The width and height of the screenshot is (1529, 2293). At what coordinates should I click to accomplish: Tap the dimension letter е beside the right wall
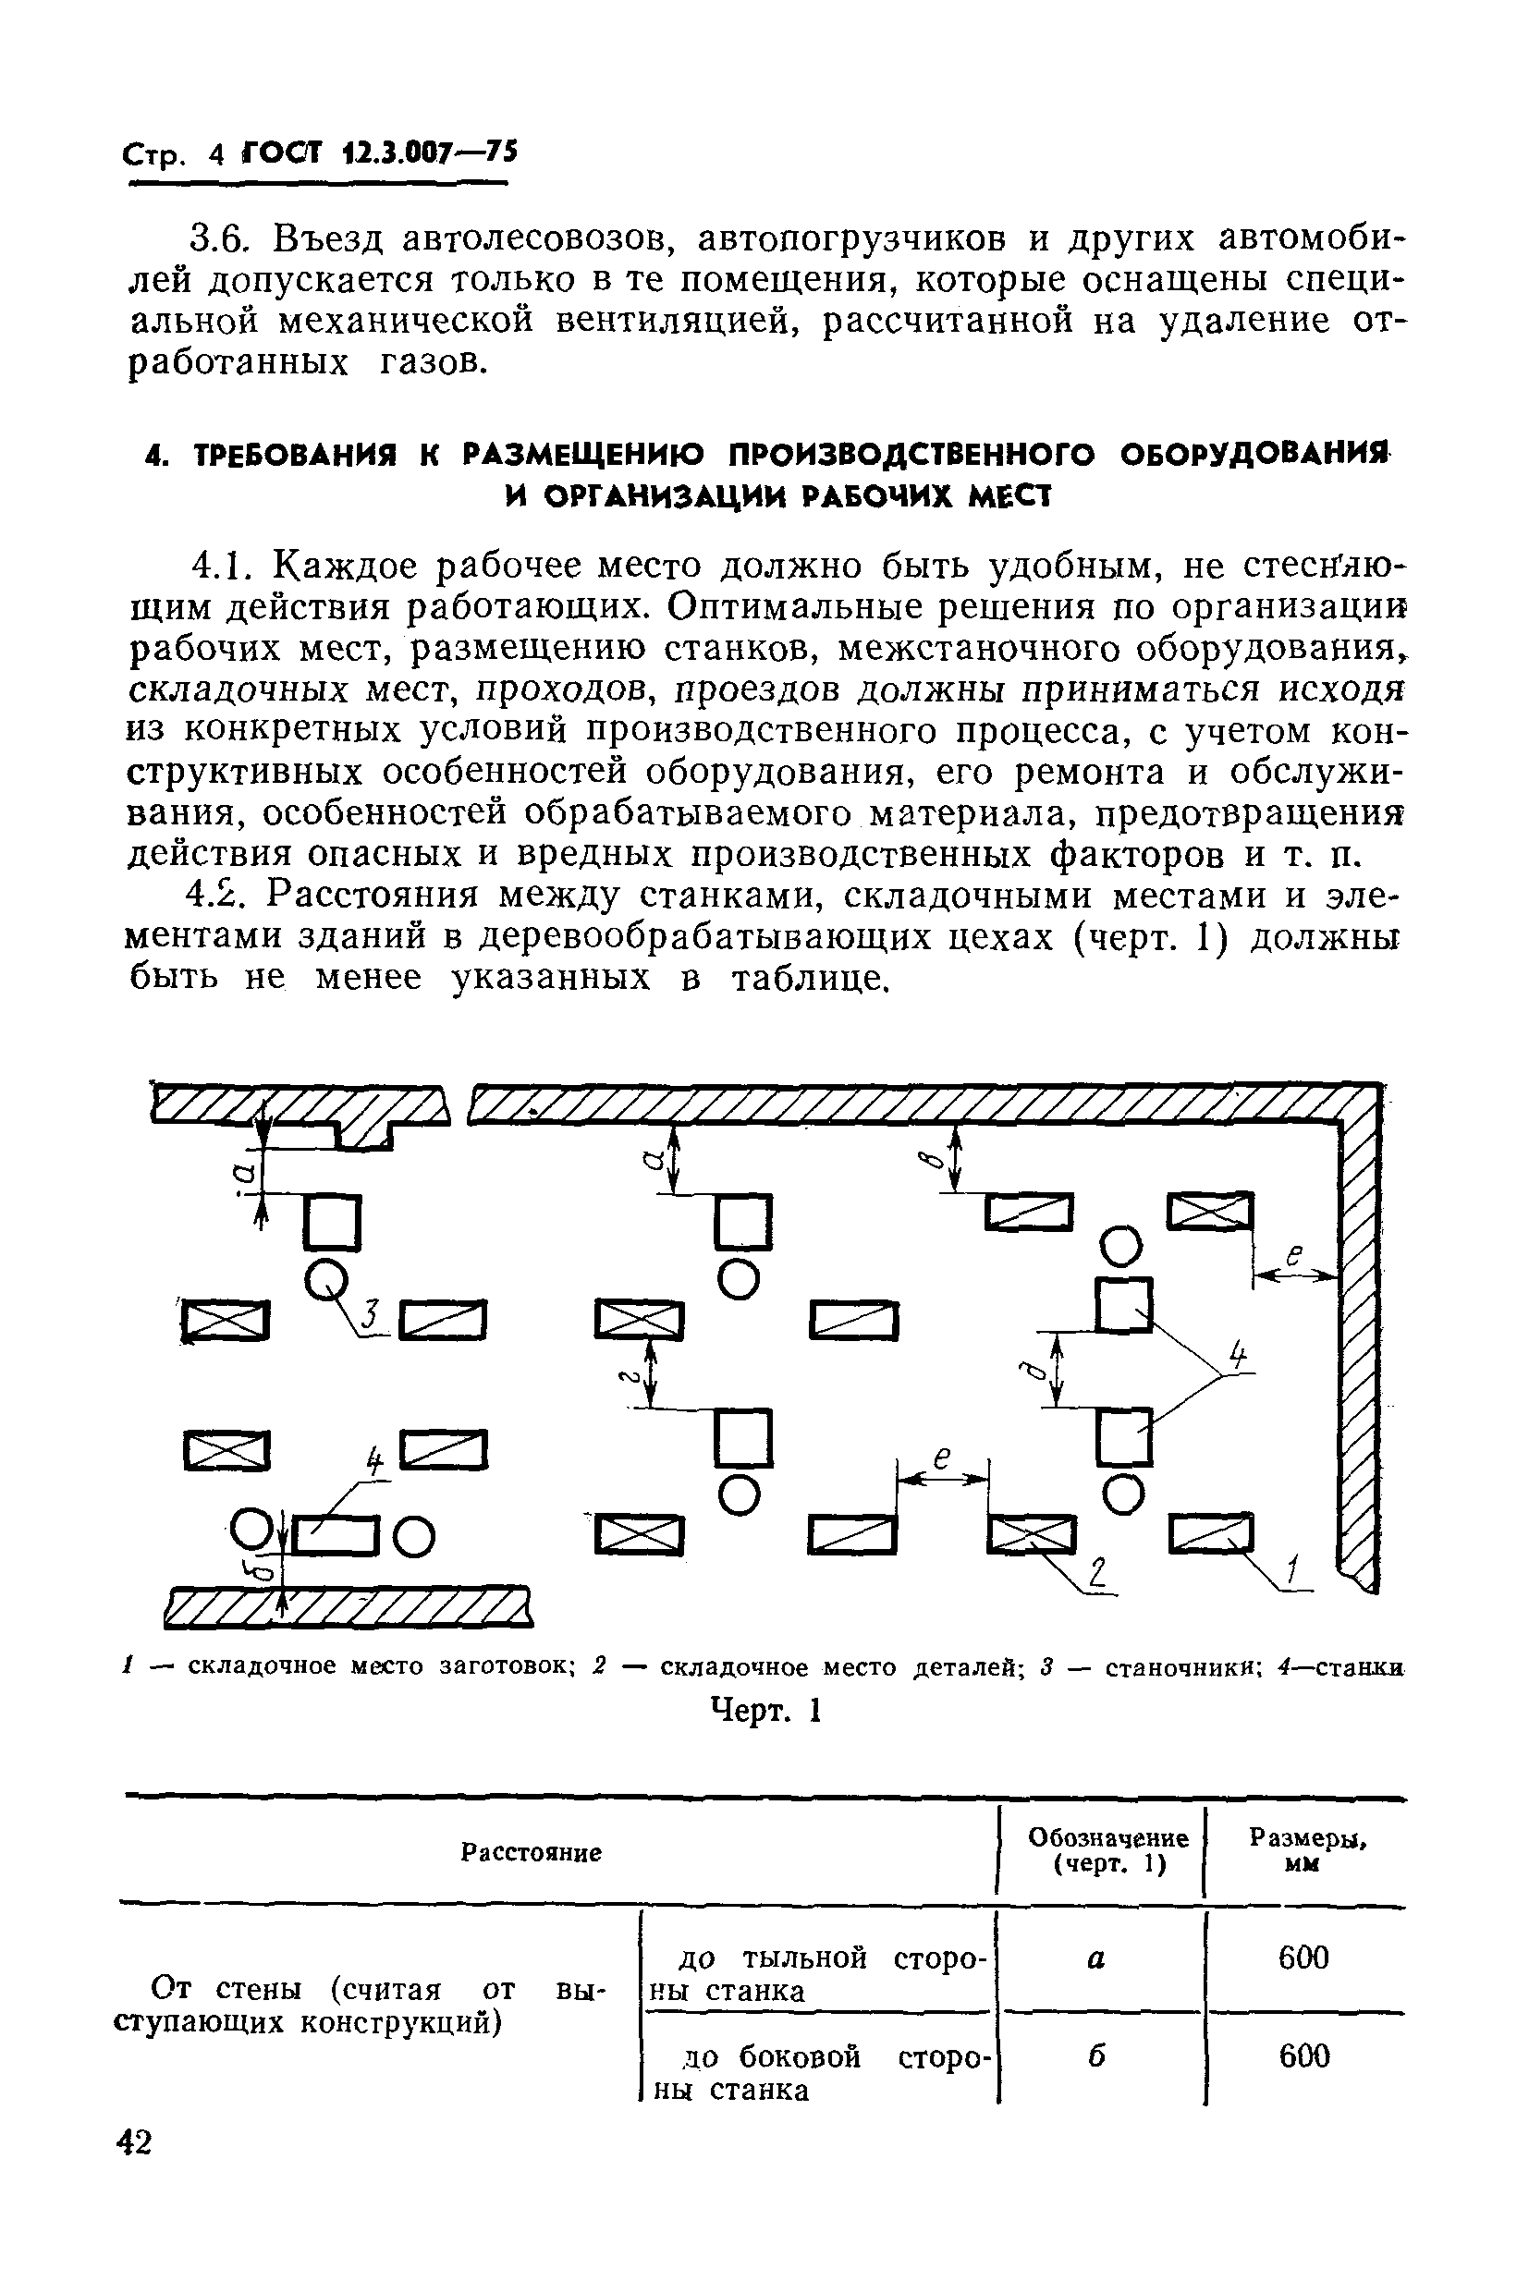coord(1294,1257)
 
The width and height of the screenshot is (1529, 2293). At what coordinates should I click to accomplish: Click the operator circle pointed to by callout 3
coord(325,1277)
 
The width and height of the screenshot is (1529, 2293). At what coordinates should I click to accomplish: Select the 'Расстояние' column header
coord(531,1851)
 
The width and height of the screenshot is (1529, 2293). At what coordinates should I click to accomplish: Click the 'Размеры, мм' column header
coord(1306,1849)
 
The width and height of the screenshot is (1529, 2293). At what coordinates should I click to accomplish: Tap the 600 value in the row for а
coord(1303,1957)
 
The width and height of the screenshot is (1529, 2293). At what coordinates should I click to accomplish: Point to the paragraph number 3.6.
coord(220,238)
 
